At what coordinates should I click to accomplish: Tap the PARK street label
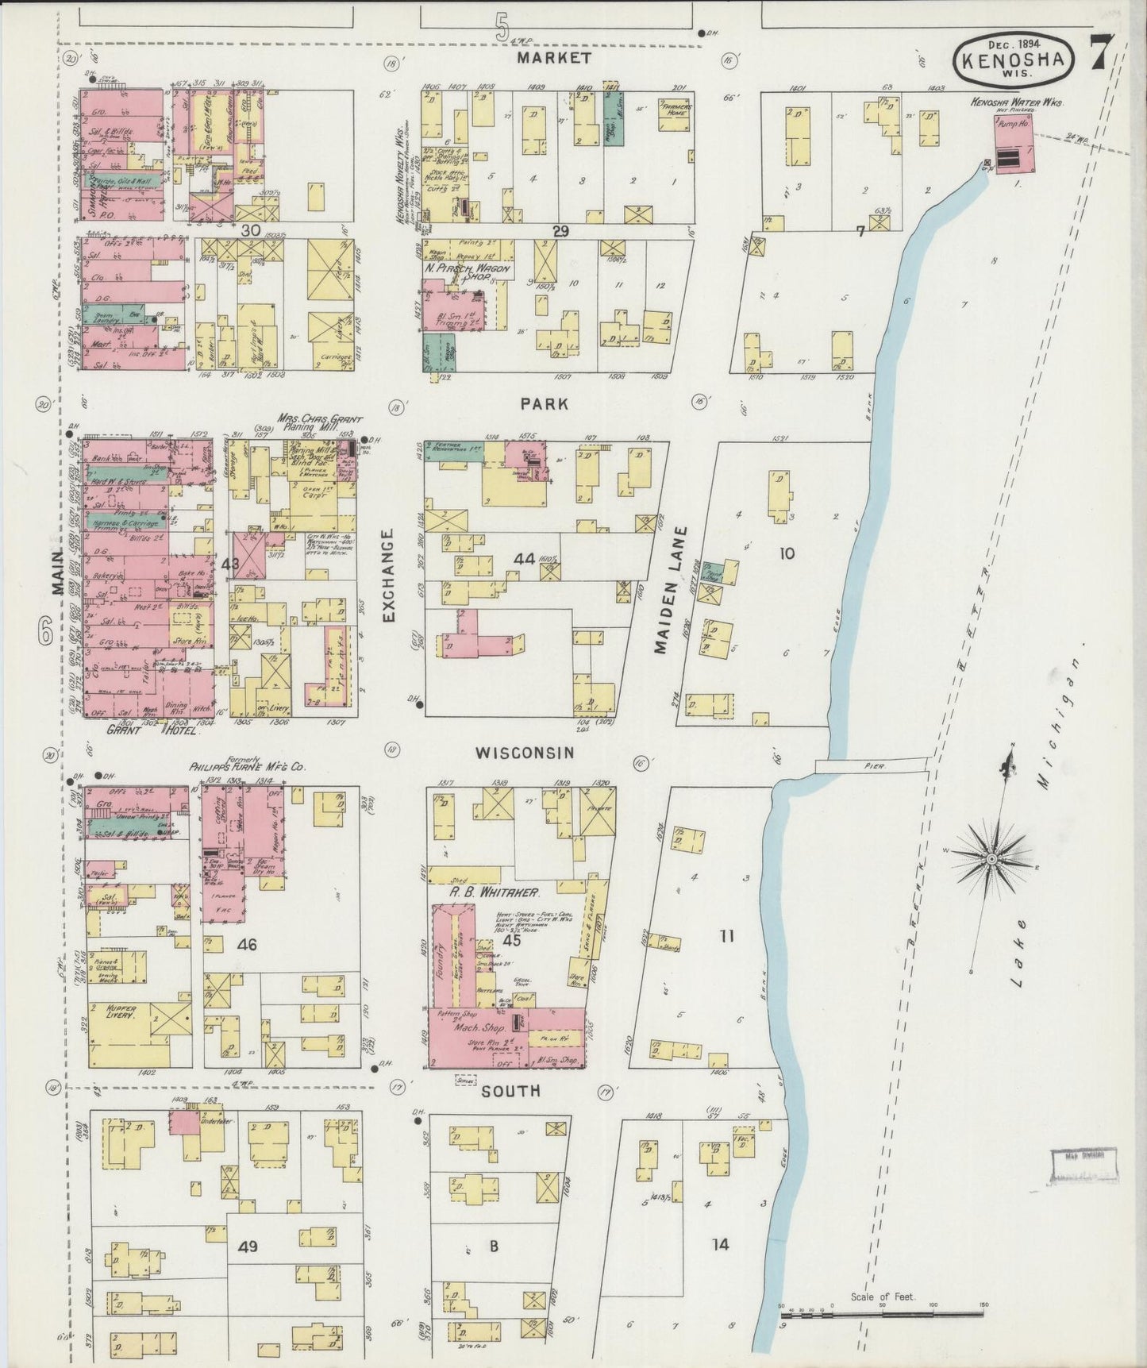tap(545, 404)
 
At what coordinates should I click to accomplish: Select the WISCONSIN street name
tap(524, 752)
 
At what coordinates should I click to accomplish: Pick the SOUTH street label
tap(512, 1091)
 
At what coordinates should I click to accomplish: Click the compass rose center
tap(991, 859)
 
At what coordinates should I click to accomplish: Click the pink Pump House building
tap(1014, 145)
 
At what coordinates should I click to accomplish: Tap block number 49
tap(248, 1247)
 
